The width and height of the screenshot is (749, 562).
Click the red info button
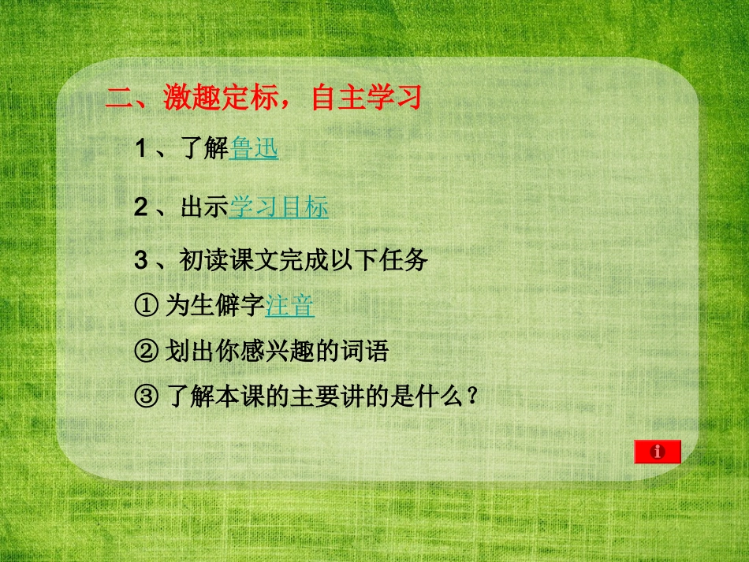(x=657, y=452)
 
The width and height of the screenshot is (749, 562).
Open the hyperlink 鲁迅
(x=254, y=148)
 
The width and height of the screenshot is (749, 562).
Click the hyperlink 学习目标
(x=278, y=207)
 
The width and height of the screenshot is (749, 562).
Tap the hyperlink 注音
(x=290, y=306)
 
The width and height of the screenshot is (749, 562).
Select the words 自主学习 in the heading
(x=367, y=98)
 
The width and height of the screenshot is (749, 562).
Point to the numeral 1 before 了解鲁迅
(x=141, y=148)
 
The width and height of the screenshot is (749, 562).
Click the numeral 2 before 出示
(x=141, y=207)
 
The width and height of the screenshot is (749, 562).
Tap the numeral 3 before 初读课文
(x=141, y=261)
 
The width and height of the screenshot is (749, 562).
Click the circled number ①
(x=147, y=306)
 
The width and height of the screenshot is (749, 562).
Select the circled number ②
(x=147, y=351)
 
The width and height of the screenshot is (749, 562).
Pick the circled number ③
(x=147, y=395)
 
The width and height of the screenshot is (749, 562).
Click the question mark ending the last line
(x=472, y=395)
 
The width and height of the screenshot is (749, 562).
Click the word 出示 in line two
(x=204, y=207)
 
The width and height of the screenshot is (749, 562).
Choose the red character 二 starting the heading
(x=118, y=99)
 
